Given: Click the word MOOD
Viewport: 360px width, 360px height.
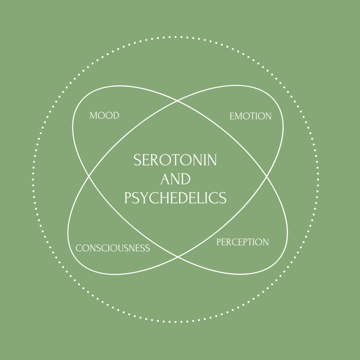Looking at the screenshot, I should click(104, 115).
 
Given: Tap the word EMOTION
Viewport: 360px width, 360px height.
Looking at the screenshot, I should click(250, 116).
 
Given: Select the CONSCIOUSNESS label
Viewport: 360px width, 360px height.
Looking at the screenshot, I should click(113, 248).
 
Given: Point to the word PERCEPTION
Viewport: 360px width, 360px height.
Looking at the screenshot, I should click(243, 242).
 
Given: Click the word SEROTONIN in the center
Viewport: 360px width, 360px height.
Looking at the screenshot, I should click(175, 160).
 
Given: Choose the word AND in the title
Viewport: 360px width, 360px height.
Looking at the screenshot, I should click(175, 179).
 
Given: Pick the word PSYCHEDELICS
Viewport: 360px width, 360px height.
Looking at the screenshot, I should click(175, 198).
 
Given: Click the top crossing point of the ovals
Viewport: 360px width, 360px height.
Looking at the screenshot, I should click(178, 101).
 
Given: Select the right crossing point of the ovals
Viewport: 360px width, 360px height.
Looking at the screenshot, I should click(267, 177).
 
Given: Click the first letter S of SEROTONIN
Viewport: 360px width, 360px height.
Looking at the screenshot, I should click(138, 160).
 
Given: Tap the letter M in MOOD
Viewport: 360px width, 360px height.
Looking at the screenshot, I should click(93, 115).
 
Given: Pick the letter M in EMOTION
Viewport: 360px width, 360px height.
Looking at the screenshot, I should click(239, 116).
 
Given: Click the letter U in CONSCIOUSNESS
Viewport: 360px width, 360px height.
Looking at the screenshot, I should click(122, 248).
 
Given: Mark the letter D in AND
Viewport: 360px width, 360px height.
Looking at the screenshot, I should click(186, 179).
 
